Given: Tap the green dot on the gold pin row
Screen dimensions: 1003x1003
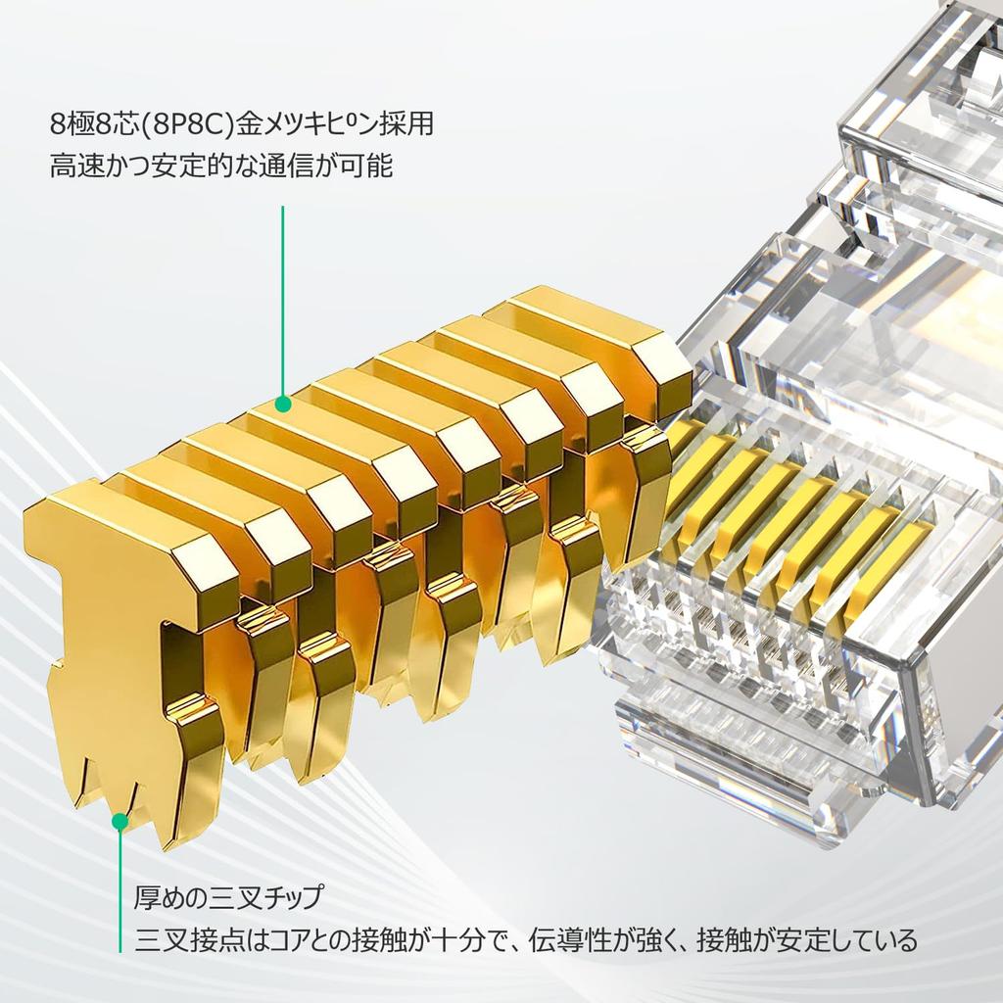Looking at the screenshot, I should (282, 403).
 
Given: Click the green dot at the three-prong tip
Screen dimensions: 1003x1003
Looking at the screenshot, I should (119, 821).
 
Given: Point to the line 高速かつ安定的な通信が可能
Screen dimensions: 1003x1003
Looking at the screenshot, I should (221, 167).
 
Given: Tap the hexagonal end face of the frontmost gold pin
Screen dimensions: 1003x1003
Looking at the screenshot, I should (204, 578).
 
